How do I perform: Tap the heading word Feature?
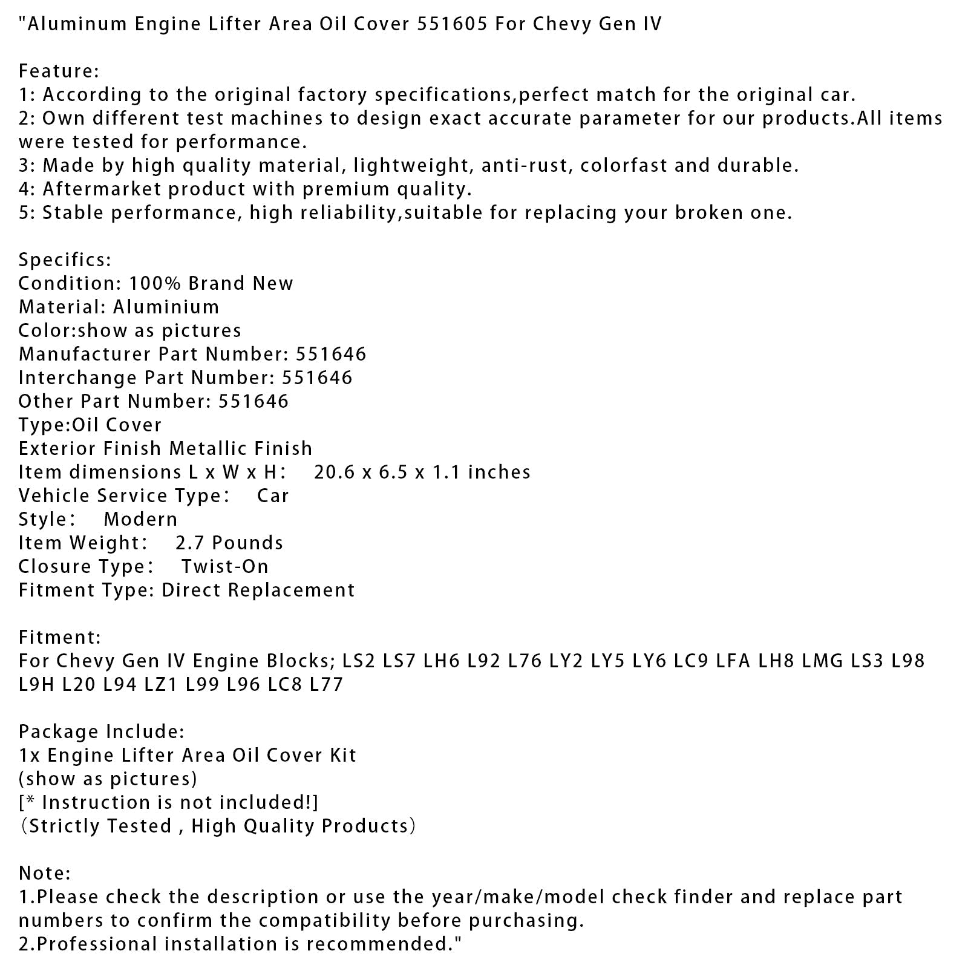click(x=59, y=71)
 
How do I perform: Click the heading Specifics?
click(x=65, y=260)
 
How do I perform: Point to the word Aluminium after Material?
click(x=166, y=307)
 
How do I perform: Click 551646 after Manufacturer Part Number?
click(x=331, y=355)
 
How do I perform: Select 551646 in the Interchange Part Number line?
click(x=317, y=378)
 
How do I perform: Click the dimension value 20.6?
click(x=332, y=473)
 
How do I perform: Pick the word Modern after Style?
click(x=140, y=520)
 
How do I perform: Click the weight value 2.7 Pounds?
click(x=229, y=543)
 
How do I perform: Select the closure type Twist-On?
click(x=224, y=567)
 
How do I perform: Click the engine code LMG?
click(x=822, y=661)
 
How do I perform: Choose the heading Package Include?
click(x=101, y=732)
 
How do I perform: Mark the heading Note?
click(x=44, y=874)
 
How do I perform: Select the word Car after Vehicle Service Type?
click(x=273, y=496)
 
